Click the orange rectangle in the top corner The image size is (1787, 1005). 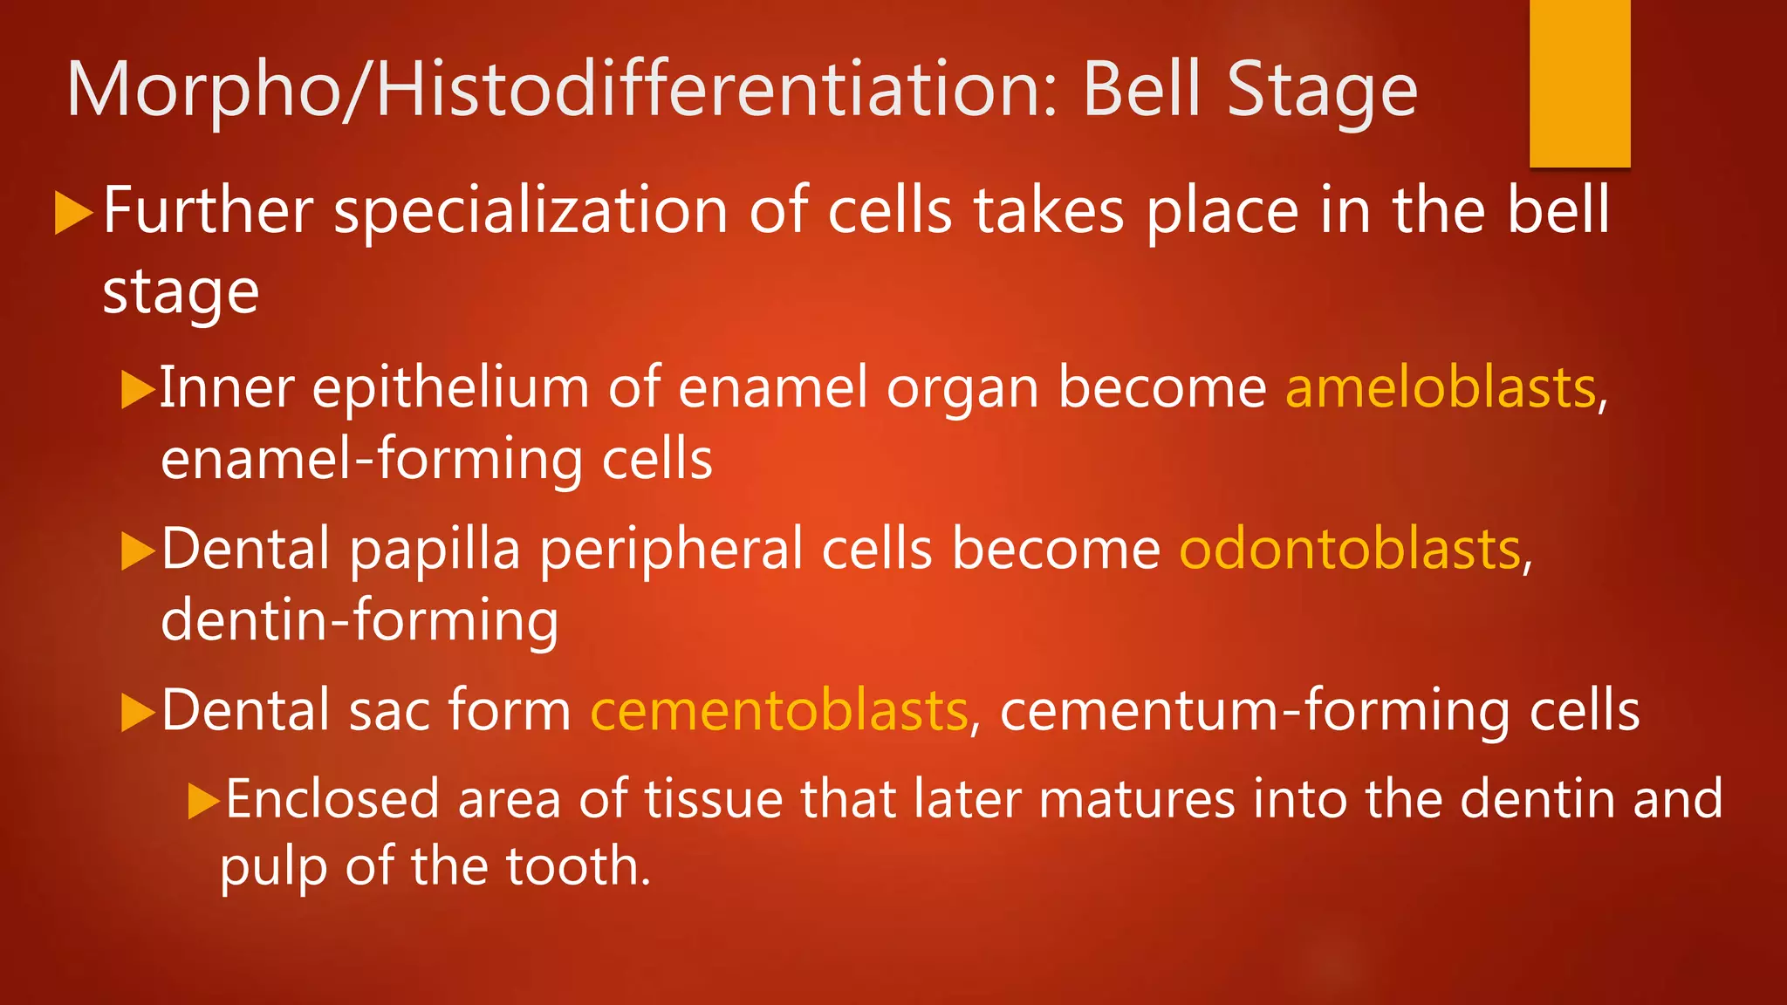coord(1579,83)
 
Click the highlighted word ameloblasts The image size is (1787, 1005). coord(1441,387)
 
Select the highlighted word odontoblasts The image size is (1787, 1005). coord(1350,549)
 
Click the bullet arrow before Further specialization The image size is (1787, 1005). coord(73,213)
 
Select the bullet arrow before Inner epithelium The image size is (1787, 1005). coord(137,389)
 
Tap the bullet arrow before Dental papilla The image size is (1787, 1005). coord(137,550)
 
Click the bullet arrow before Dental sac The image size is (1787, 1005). coord(137,711)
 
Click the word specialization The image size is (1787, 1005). coord(531,212)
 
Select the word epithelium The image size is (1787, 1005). coord(450,387)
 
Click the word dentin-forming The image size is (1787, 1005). coord(359,620)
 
